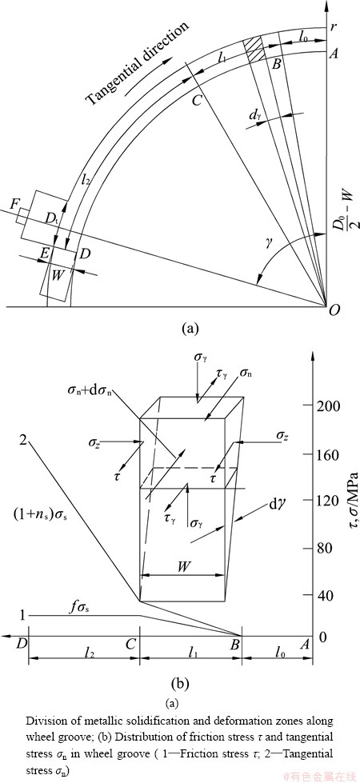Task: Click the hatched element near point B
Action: (254, 49)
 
